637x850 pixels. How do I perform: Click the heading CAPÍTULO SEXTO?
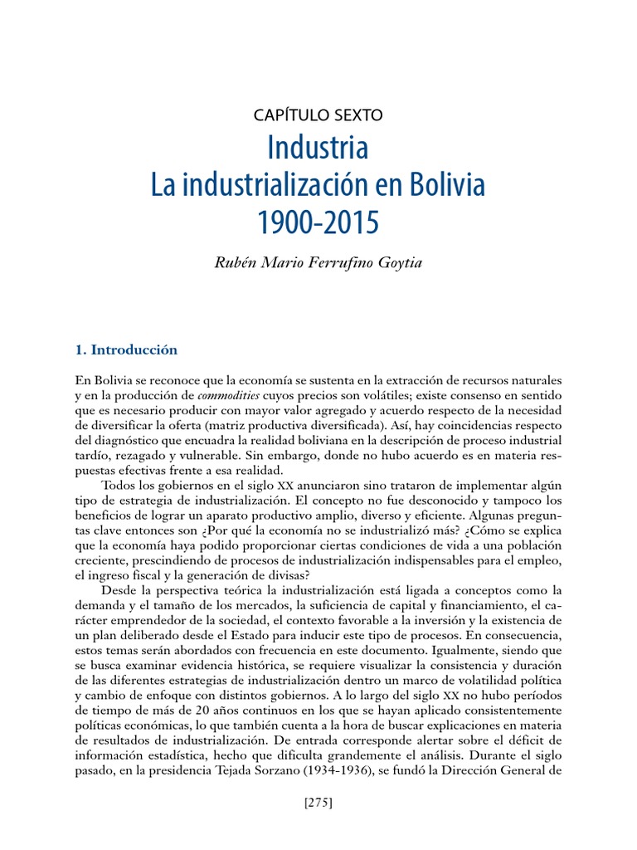318,115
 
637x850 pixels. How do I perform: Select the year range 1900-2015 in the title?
318,222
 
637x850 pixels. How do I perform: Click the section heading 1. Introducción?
126,349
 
